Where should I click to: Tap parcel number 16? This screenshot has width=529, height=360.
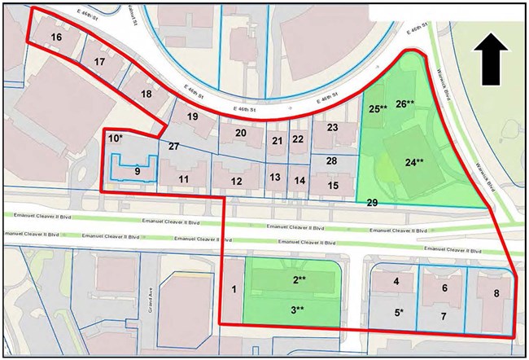click(55, 37)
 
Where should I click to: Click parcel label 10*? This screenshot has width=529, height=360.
click(116, 140)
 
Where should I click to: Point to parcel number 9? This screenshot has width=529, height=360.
click(138, 171)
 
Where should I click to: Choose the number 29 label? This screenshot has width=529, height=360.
click(371, 202)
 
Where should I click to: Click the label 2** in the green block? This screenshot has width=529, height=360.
click(299, 280)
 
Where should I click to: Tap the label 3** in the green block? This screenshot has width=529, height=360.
click(299, 310)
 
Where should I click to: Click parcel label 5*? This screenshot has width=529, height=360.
click(400, 312)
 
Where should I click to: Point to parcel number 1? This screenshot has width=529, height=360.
click(234, 289)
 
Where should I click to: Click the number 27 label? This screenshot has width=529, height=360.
click(173, 147)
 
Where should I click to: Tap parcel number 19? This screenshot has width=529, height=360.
click(193, 117)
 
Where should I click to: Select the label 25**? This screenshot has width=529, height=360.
click(377, 108)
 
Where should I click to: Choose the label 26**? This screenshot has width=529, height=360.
click(405, 103)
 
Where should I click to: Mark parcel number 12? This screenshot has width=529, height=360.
click(237, 181)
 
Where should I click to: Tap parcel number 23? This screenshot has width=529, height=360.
click(332, 128)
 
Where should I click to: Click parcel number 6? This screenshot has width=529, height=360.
click(445, 288)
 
